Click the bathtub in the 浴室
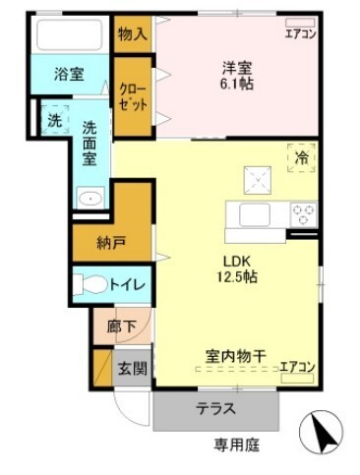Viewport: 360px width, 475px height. (x=69, y=34)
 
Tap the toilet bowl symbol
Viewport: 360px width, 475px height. (x=90, y=284)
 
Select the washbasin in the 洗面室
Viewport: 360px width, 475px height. (x=90, y=198)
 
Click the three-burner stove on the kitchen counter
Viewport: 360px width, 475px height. (x=304, y=214)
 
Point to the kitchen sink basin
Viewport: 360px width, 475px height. (x=255, y=214)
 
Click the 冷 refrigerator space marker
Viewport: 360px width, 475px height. (x=301, y=158)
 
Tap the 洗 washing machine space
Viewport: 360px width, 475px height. (x=55, y=120)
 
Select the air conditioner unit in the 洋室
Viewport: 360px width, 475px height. (x=300, y=23)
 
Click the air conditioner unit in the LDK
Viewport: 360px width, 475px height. (x=297, y=378)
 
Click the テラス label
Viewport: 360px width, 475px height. (x=215, y=408)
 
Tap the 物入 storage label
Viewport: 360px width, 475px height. (x=133, y=33)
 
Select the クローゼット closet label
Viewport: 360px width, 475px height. (x=133, y=97)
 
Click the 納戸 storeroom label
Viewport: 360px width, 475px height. (x=111, y=243)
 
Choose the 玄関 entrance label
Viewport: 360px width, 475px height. (x=132, y=369)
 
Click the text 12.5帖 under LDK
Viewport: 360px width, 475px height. (x=236, y=277)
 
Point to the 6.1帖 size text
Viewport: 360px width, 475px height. (x=236, y=84)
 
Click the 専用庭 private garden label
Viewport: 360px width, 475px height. (x=237, y=445)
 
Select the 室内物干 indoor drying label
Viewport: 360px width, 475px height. (x=235, y=356)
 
